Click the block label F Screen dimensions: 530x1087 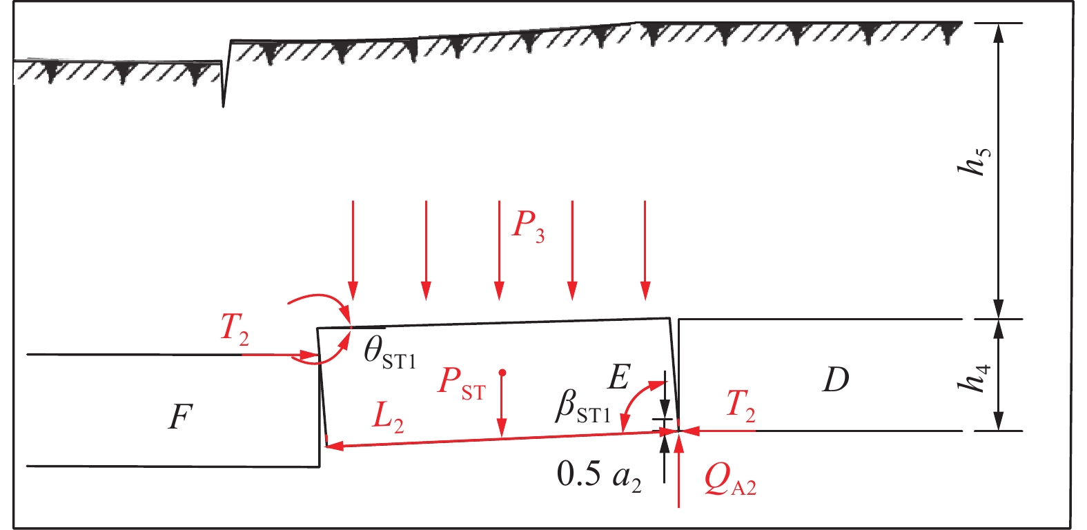click(x=180, y=416)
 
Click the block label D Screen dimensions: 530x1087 click(x=835, y=379)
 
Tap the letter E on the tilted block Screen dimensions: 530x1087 click(x=619, y=377)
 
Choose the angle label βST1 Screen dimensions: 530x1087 click(x=583, y=407)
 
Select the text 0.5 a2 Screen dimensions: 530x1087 click(x=599, y=475)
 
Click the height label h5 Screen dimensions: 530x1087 click(x=978, y=161)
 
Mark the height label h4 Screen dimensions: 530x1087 click(x=978, y=377)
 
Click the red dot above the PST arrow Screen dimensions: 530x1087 click(x=502, y=373)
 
